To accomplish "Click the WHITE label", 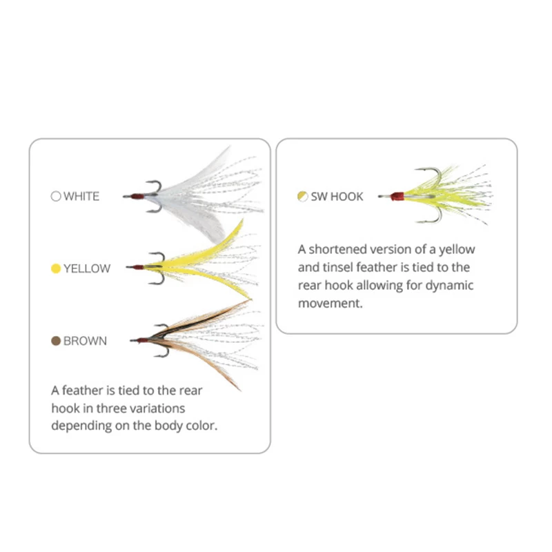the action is pyautogui.click(x=81, y=196).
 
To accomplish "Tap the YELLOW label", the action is pyautogui.click(x=87, y=268).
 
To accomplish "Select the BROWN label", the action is pyautogui.click(x=85, y=341).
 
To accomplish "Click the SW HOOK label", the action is pyautogui.click(x=337, y=197).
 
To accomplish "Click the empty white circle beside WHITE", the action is pyautogui.click(x=56, y=196).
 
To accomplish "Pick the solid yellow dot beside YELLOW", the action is pyautogui.click(x=56, y=268).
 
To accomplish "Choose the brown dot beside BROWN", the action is pyautogui.click(x=56, y=341).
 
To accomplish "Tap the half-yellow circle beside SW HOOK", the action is pyautogui.click(x=302, y=197).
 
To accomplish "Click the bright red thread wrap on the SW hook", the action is pyautogui.click(x=397, y=197).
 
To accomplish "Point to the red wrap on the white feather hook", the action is pyautogui.click(x=138, y=196).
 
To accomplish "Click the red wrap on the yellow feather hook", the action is pyautogui.click(x=139, y=268).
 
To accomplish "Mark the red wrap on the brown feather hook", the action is pyautogui.click(x=143, y=340).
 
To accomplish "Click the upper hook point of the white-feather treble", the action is pyautogui.click(x=147, y=182).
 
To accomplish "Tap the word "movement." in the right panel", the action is pyautogui.click(x=331, y=303).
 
